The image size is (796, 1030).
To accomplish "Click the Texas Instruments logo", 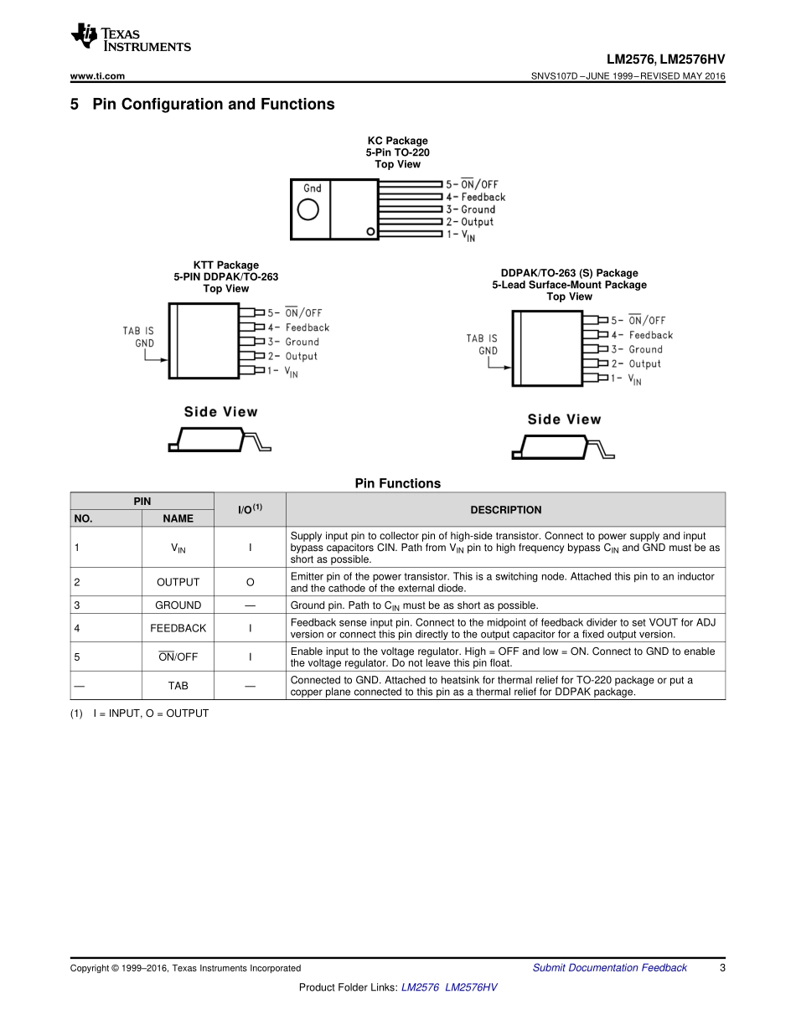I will coord(130,38).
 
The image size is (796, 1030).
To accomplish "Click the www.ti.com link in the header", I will coord(97,76).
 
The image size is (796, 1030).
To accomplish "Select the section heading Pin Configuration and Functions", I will coord(213,105).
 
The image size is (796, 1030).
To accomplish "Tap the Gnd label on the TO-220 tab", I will coord(312,188).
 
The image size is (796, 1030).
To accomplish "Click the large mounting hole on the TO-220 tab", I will coord(308,209).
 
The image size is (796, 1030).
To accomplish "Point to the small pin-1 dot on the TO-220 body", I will coord(370,230).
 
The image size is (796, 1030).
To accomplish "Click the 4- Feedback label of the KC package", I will coord(476,197).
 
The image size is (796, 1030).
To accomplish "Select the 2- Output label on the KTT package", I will coord(292,356).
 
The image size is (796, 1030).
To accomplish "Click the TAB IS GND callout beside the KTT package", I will coord(138,337).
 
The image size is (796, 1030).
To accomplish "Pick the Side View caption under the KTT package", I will coord(221,412).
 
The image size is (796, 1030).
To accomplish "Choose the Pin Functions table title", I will coord(397,483).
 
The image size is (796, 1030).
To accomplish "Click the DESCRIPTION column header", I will coord(505,510).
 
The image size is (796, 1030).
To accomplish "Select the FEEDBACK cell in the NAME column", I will coord(178,628).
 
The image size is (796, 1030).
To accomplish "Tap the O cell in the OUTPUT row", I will coord(250,582).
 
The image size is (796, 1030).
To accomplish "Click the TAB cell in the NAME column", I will coord(178,686).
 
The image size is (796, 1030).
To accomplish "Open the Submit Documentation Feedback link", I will coord(609,968).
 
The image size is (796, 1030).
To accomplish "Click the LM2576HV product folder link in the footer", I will coord(471,988).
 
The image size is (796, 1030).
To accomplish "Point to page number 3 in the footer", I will coord(721,968).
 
